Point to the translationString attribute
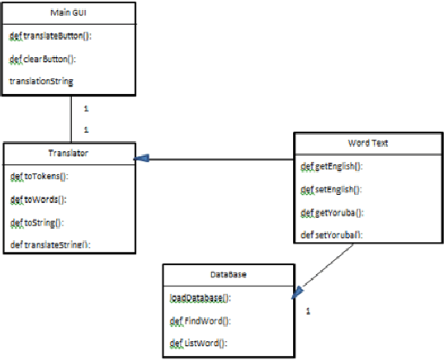tap(41, 81)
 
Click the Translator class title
tap(68, 154)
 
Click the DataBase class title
tap(225, 275)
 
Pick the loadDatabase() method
tap(201, 298)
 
